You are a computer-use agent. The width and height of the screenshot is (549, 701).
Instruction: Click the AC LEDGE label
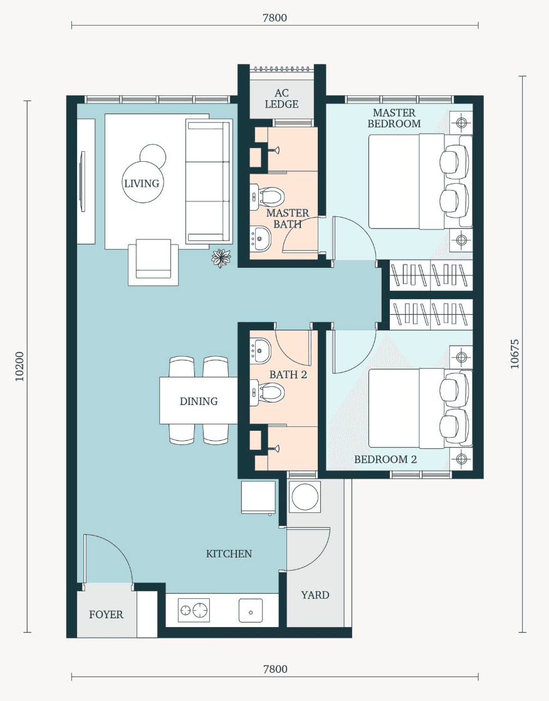(281, 99)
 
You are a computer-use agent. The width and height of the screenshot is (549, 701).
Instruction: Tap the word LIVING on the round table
(142, 183)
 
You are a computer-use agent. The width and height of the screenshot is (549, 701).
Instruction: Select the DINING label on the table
(199, 401)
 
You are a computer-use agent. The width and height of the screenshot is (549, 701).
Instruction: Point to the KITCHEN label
(229, 554)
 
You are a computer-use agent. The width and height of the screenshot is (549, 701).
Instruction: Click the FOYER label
(106, 614)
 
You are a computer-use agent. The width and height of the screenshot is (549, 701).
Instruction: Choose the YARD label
(315, 595)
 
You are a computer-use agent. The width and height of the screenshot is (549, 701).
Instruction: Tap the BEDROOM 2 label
(385, 460)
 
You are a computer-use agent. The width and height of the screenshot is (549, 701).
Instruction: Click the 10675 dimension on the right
(515, 354)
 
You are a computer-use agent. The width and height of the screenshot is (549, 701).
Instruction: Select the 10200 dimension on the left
(19, 367)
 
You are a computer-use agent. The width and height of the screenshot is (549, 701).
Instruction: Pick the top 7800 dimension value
(274, 18)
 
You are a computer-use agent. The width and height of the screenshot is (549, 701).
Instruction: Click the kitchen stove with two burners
(194, 610)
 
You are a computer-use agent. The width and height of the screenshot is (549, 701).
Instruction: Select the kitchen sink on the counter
(251, 611)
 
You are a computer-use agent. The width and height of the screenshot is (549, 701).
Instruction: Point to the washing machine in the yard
(305, 497)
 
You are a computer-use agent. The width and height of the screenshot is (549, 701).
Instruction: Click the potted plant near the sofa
(221, 258)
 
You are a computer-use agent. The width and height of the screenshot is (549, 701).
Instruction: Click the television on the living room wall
(82, 181)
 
